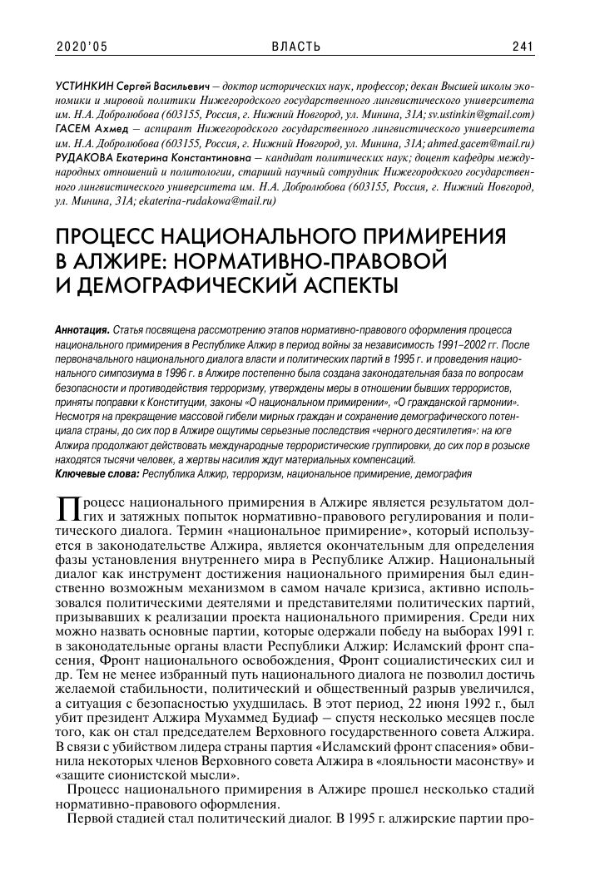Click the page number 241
[523, 47]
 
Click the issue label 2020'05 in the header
[82, 47]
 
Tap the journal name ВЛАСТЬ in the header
[295, 47]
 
